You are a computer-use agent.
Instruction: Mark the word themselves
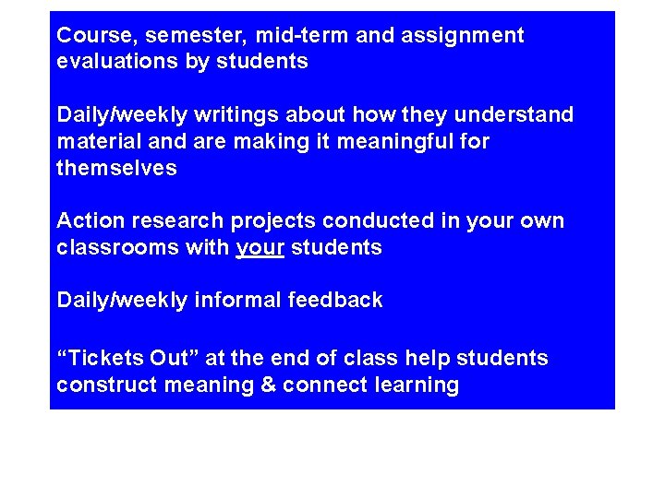116,170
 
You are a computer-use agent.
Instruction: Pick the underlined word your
260,249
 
